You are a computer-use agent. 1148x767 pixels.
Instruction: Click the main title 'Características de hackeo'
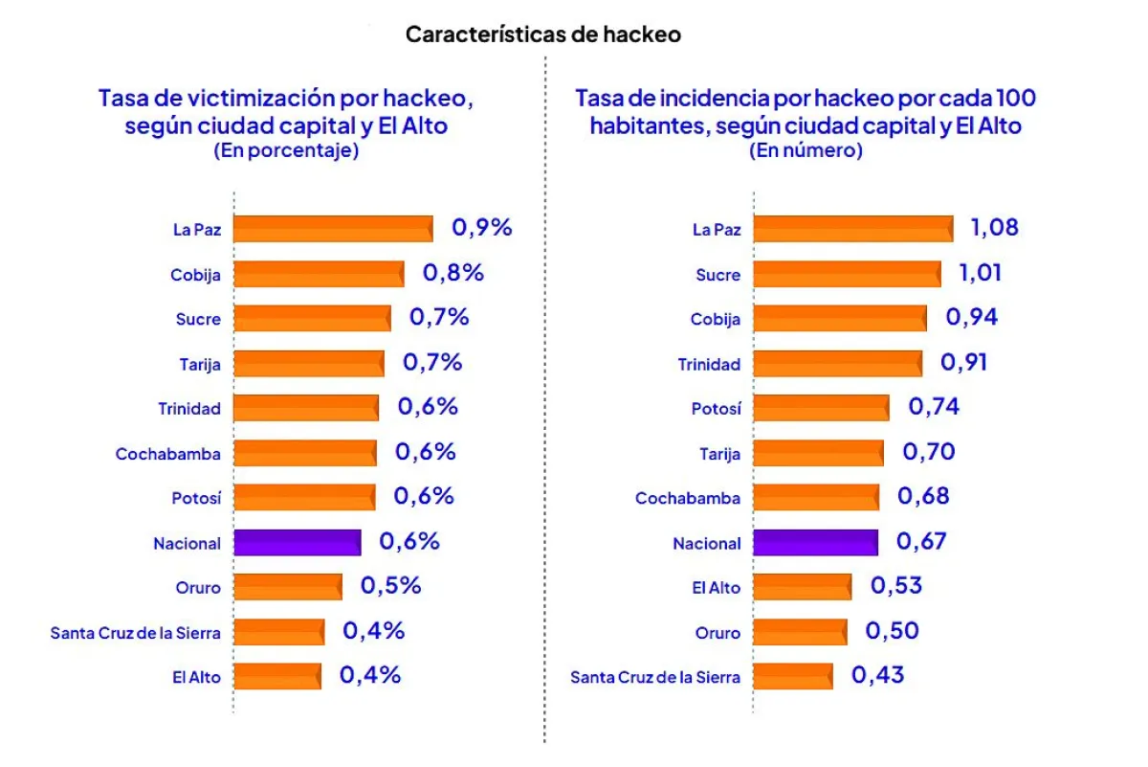pyautogui.click(x=542, y=34)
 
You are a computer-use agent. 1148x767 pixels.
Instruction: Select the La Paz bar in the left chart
pyautogui.click(x=333, y=229)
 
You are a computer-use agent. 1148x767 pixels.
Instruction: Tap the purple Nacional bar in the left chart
pyautogui.click(x=297, y=543)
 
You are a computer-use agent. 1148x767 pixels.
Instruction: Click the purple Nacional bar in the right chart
pyautogui.click(x=815, y=543)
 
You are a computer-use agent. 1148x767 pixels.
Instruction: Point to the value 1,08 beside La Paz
pyautogui.click(x=994, y=228)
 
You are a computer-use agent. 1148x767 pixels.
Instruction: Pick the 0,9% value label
pyautogui.click(x=482, y=228)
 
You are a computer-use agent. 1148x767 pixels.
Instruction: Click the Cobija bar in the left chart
pyautogui.click(x=319, y=274)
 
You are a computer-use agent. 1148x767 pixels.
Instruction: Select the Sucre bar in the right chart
pyautogui.click(x=847, y=274)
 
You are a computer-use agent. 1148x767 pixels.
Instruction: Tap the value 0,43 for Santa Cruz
pyautogui.click(x=877, y=675)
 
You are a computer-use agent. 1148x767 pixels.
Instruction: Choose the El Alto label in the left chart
pyautogui.click(x=196, y=677)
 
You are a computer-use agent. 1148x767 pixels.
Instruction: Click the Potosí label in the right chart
pyautogui.click(x=716, y=409)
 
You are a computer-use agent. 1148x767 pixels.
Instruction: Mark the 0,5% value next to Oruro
pyautogui.click(x=390, y=586)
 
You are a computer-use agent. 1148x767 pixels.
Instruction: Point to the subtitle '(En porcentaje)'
pyautogui.click(x=286, y=150)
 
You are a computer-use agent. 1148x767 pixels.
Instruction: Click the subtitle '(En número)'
pyautogui.click(x=806, y=150)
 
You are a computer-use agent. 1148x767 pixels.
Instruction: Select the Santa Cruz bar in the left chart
pyautogui.click(x=278, y=632)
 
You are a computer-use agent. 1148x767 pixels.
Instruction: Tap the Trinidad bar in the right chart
pyautogui.click(x=838, y=364)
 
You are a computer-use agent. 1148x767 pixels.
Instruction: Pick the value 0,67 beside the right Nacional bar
pyautogui.click(x=921, y=542)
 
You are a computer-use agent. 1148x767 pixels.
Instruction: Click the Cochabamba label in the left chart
pyautogui.click(x=167, y=454)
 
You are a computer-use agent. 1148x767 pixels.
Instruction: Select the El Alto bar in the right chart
pyautogui.click(x=802, y=587)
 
